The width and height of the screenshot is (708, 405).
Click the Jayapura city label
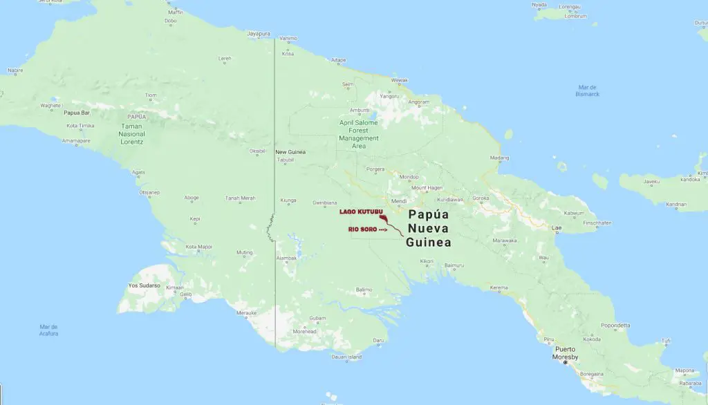(259, 33)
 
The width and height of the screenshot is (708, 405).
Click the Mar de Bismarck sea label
(588, 90)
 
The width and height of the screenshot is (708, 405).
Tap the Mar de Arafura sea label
(48, 330)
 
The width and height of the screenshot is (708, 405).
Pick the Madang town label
(499, 158)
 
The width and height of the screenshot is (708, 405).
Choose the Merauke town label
(247, 313)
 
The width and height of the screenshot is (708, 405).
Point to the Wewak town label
(400, 80)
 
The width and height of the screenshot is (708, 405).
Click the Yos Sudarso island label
(144, 285)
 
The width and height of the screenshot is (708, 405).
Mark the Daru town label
(378, 341)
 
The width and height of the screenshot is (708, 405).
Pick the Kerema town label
(499, 288)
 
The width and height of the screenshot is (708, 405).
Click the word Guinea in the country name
(428, 243)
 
